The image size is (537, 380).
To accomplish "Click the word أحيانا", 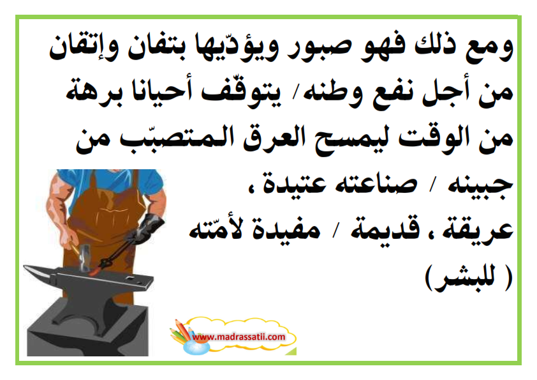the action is coord(165,92).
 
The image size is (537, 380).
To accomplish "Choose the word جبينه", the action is coord(480,185).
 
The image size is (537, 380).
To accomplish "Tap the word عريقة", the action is coord(478,229).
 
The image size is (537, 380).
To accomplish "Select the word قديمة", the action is coord(385,229).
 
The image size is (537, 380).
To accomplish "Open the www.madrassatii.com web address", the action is coord(239,337).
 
